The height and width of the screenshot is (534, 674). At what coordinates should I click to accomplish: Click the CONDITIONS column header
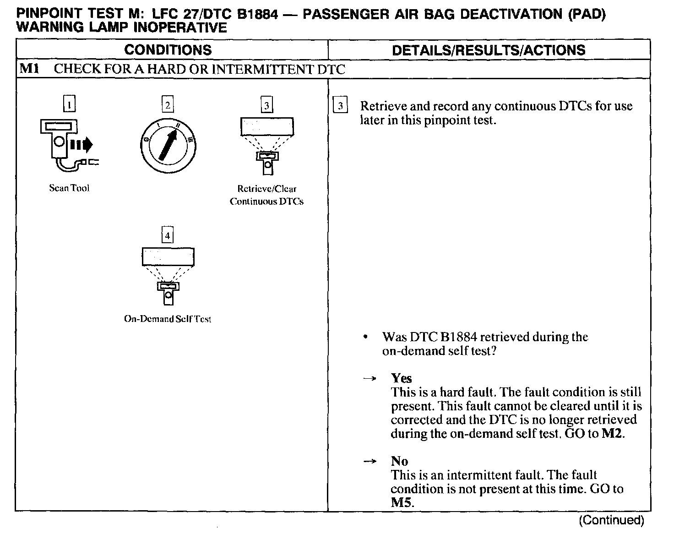(168, 49)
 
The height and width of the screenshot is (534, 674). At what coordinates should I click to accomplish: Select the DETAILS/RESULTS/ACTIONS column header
(489, 49)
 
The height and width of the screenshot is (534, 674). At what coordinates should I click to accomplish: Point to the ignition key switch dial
(168, 142)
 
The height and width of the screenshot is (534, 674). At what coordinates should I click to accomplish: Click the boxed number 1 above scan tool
(69, 105)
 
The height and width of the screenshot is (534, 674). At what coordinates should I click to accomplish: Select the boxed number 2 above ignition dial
(168, 105)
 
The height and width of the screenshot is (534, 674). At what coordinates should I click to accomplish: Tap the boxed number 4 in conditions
(168, 235)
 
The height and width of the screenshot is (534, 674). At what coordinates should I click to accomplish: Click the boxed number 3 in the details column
(340, 106)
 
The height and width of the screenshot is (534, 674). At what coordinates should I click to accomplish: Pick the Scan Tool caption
(69, 188)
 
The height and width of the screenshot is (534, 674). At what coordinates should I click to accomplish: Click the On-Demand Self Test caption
(168, 319)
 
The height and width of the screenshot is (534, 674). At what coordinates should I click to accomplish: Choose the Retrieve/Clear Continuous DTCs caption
(266, 195)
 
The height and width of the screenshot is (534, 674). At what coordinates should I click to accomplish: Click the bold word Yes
(401, 378)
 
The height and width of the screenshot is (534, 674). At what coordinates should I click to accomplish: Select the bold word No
(399, 461)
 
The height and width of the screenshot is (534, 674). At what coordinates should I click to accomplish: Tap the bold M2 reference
(612, 433)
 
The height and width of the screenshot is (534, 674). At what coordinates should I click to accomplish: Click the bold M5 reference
(402, 502)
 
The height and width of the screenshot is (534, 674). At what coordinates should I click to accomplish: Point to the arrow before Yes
(370, 378)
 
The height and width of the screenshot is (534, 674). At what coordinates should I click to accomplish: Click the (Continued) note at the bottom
(611, 520)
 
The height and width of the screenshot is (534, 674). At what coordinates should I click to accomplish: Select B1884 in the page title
(257, 14)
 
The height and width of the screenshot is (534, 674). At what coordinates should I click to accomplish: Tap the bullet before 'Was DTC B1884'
(365, 338)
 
